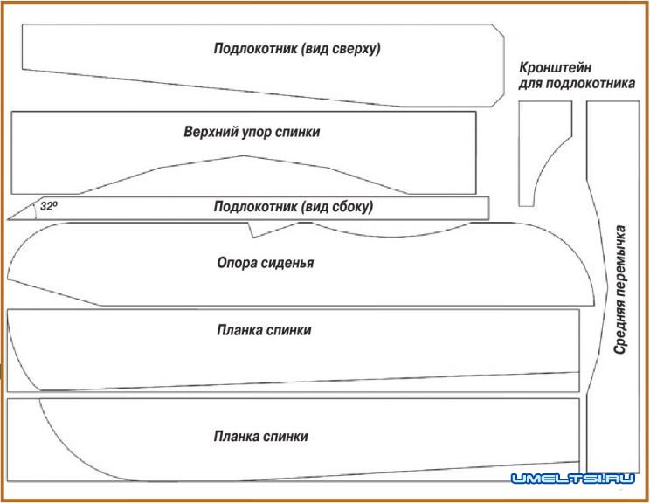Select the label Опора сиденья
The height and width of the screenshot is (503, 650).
pos(265,262)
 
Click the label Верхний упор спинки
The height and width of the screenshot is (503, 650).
pos(252,133)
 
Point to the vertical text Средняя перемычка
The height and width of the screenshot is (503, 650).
pos(619,289)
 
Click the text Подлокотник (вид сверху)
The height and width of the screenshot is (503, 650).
pos(297,48)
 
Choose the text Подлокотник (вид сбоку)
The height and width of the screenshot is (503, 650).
pos(294,207)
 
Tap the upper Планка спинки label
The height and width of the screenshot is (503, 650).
pos(264,330)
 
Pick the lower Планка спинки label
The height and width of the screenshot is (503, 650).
pos(260,436)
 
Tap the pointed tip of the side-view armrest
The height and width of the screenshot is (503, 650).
pos(10,218)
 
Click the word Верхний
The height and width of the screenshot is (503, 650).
pos(209,133)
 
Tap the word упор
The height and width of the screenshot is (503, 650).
pos(258,133)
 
